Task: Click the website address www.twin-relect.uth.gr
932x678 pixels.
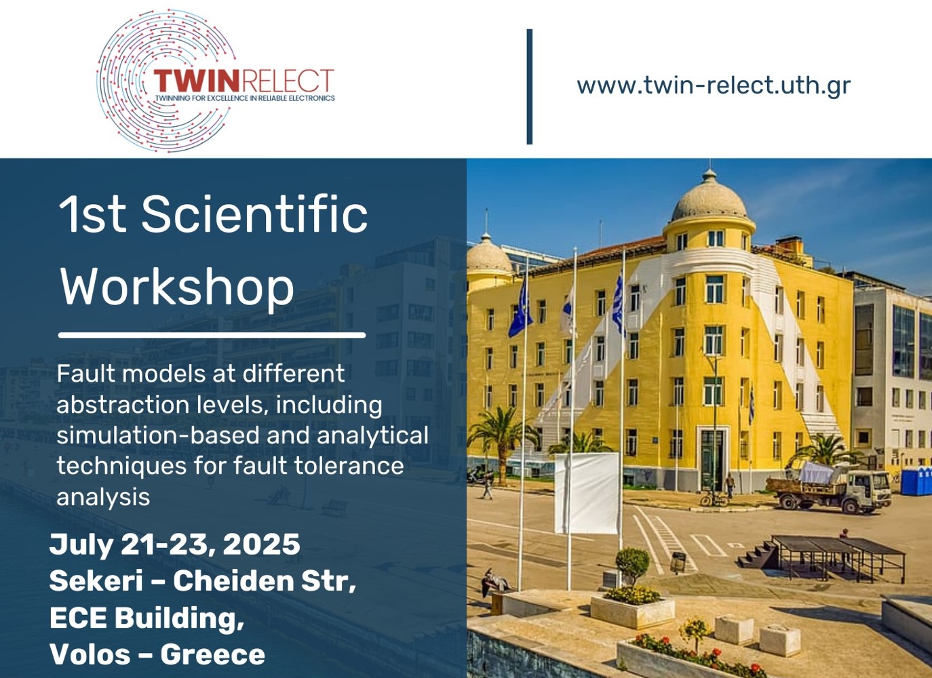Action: (714, 85)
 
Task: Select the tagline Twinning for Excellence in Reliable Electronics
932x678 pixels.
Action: (245, 98)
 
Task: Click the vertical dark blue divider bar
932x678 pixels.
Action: (530, 87)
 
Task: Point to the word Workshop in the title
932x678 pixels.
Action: (177, 287)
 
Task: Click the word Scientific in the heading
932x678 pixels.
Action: (254, 214)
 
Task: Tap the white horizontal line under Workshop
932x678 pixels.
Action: (212, 335)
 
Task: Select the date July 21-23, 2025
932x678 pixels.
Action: (175, 544)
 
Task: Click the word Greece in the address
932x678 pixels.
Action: (212, 654)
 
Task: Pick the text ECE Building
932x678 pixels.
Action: (147, 618)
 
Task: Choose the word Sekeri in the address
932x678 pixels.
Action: (96, 580)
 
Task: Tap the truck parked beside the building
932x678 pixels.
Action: (828, 487)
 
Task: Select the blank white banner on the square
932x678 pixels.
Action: (587, 493)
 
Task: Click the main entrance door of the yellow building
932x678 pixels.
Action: (712, 460)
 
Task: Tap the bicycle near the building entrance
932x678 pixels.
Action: (714, 499)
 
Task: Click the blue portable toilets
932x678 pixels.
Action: (916, 481)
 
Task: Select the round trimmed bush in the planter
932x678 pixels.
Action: (632, 565)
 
